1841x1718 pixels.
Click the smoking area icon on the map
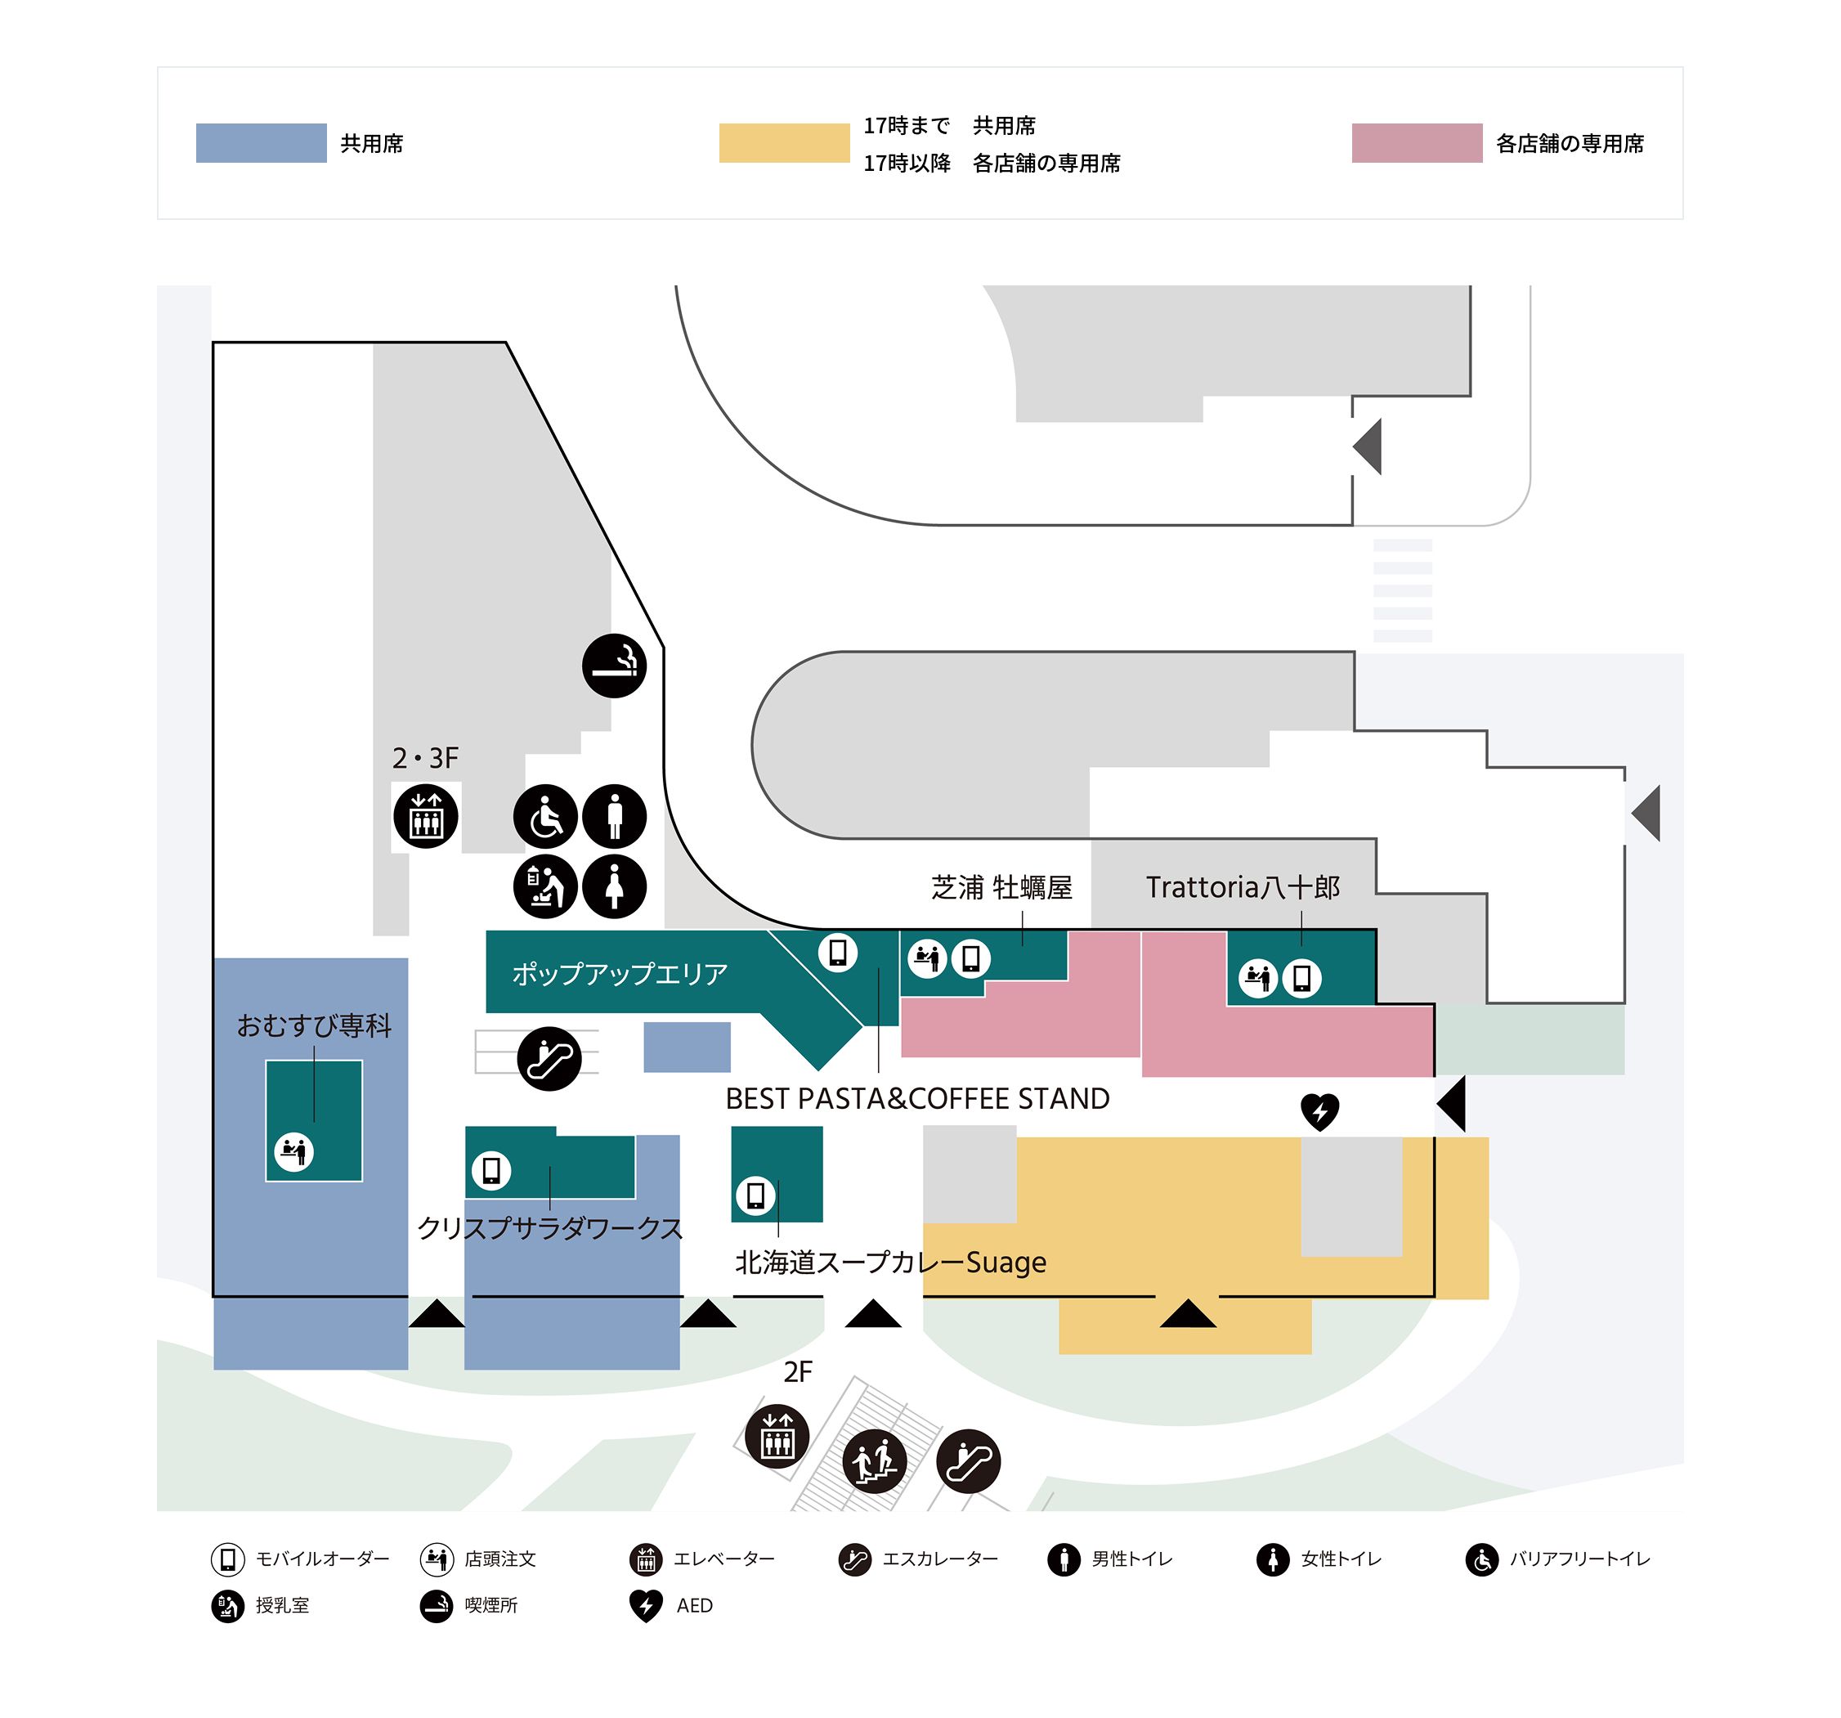coord(614,665)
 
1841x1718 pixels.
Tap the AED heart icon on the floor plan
coord(1319,1111)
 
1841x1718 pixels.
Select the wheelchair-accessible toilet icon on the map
coord(545,817)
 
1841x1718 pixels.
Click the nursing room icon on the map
coord(545,886)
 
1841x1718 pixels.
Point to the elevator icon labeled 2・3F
coord(426,816)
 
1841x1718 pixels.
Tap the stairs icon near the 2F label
coord(874,1461)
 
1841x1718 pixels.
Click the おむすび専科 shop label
coord(314,1025)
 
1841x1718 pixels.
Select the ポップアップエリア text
coord(620,973)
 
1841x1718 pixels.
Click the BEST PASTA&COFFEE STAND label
coord(916,1098)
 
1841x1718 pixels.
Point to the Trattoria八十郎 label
coord(1243,887)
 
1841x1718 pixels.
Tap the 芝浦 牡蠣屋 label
coord(1001,887)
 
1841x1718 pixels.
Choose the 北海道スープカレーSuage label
coord(890,1262)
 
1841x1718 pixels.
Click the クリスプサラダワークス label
coord(550,1228)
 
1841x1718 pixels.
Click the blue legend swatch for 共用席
coord(261,142)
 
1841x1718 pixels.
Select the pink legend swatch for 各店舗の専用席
coord(1417,142)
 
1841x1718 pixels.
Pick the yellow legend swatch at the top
coord(784,142)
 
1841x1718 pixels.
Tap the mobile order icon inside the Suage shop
coord(755,1195)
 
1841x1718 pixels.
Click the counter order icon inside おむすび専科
coord(294,1151)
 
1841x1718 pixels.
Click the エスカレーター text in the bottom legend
coord(940,1559)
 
